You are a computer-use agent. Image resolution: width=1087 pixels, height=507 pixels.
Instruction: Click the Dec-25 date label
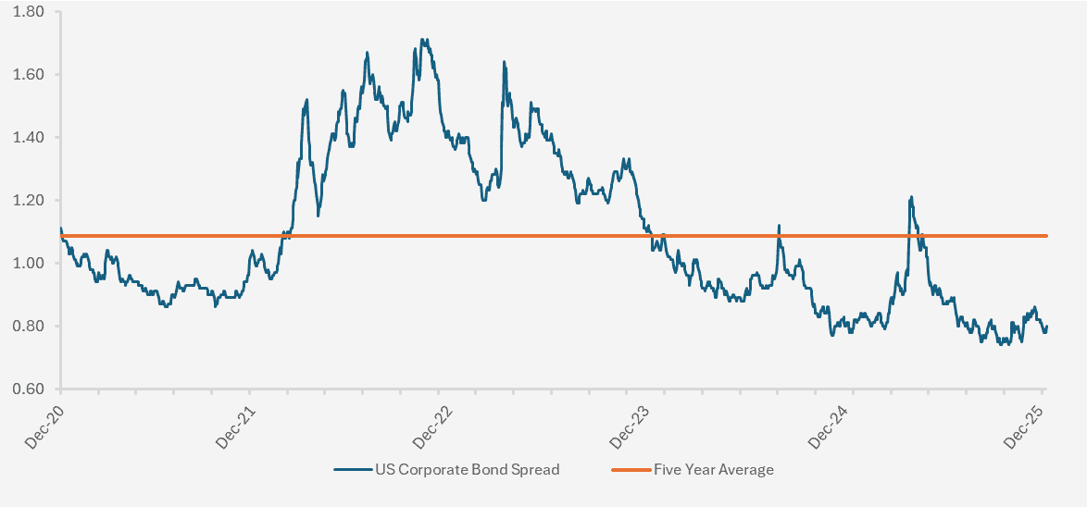click(1025, 427)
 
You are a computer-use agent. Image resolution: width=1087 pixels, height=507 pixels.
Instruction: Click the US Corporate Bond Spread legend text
click(467, 469)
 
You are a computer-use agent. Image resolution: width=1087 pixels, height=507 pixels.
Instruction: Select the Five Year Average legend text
click(713, 469)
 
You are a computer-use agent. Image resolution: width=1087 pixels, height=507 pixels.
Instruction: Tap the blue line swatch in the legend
click(351, 469)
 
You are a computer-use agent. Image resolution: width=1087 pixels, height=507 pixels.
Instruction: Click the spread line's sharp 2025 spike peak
click(911, 196)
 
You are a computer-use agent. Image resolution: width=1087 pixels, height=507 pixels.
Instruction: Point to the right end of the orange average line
click(1046, 236)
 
